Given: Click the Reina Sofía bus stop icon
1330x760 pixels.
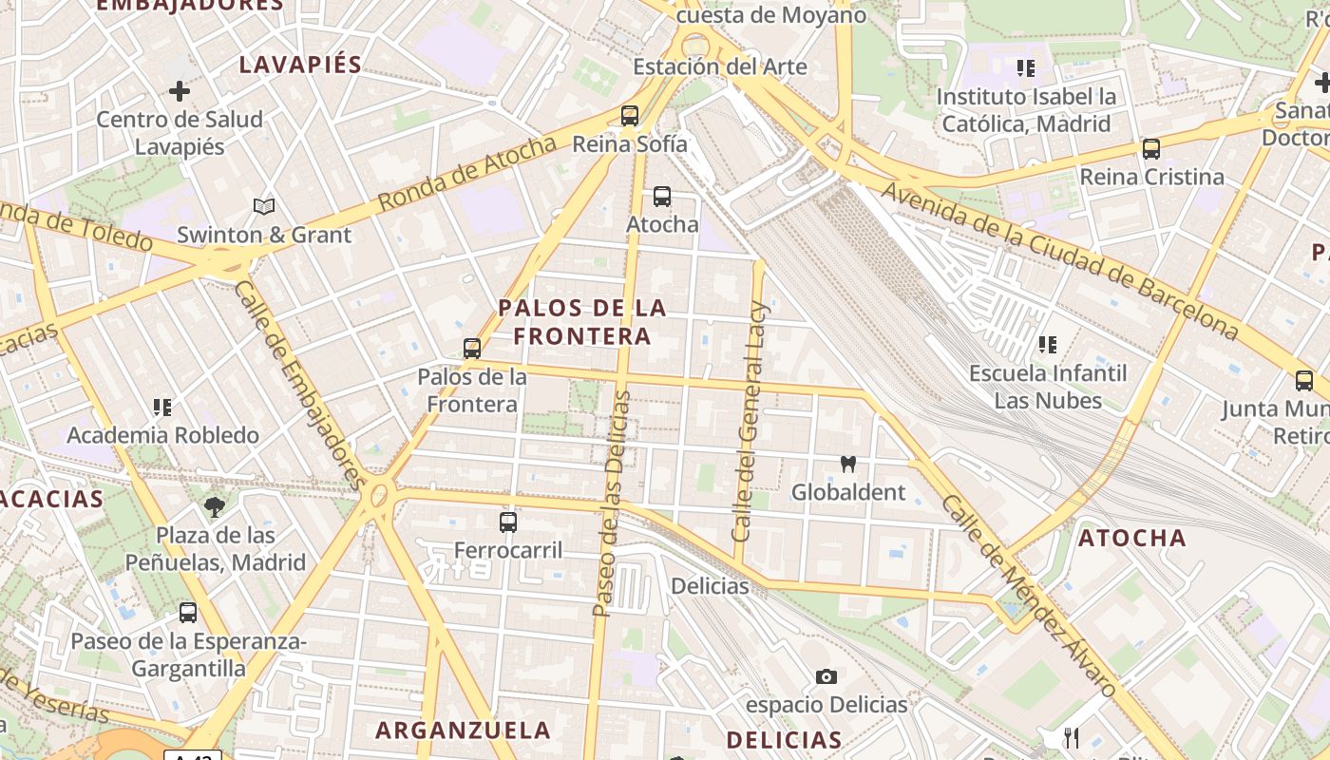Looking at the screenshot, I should pos(629,116).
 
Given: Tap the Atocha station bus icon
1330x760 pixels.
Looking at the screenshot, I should pos(662,197).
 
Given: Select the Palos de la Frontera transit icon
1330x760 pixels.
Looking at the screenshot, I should pos(472,348).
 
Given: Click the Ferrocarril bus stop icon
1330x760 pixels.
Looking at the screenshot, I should pos(508,522).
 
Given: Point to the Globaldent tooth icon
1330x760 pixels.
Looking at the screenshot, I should pos(848,465).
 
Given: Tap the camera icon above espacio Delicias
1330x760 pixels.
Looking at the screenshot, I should pos(826,676).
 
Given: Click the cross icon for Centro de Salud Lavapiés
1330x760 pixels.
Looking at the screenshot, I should pos(180,91).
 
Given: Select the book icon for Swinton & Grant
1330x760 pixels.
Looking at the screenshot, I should pos(264,206).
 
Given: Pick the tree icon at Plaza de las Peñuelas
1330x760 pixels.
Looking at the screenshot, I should pos(216,506).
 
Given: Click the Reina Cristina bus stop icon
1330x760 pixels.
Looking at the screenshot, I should pos(1151,149).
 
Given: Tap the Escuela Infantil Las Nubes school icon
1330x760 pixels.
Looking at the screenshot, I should pos(1048,345).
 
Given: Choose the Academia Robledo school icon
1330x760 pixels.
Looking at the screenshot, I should pos(162,408).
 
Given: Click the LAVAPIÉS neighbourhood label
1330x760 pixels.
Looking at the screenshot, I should pos(300,65).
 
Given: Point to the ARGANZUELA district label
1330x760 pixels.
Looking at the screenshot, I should pos(463,730).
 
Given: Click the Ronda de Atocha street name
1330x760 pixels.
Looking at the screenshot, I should pos(466,174).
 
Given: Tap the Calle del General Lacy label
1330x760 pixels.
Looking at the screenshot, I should pos(749,421).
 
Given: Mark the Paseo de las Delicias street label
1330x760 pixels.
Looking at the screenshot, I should pos(613,503).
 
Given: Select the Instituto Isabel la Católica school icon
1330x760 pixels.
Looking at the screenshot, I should pos(1026,68).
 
